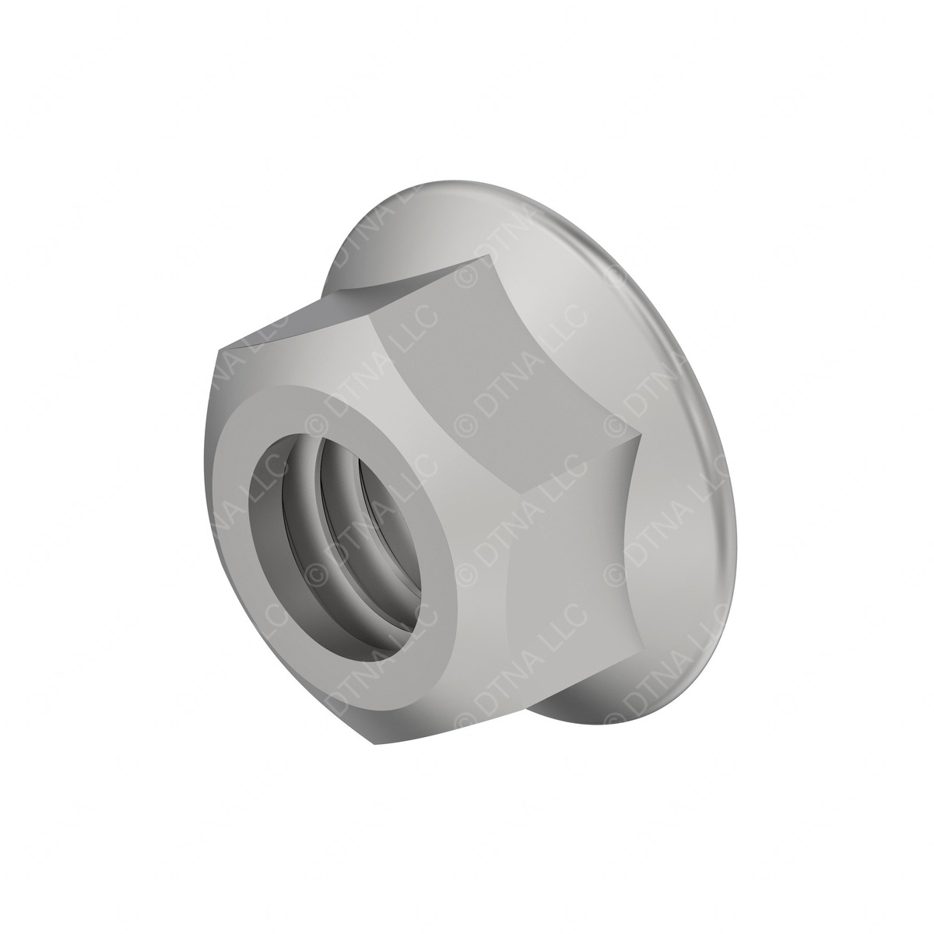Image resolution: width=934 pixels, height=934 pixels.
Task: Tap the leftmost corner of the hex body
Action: pos(216,354)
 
